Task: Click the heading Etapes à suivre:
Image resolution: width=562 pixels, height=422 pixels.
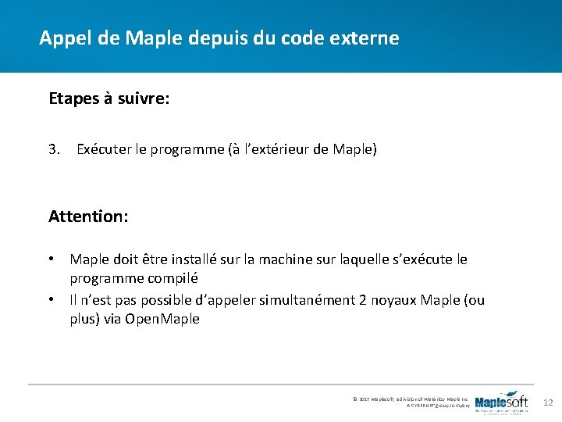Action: (x=109, y=99)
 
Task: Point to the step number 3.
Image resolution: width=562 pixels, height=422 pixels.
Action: (x=54, y=148)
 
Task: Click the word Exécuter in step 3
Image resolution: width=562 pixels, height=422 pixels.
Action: (x=104, y=148)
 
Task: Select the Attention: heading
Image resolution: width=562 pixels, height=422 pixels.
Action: (x=88, y=216)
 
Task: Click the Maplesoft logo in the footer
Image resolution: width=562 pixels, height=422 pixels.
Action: (x=501, y=402)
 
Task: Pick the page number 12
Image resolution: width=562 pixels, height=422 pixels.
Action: (x=547, y=402)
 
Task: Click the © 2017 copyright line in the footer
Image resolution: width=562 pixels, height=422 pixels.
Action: (x=411, y=399)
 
